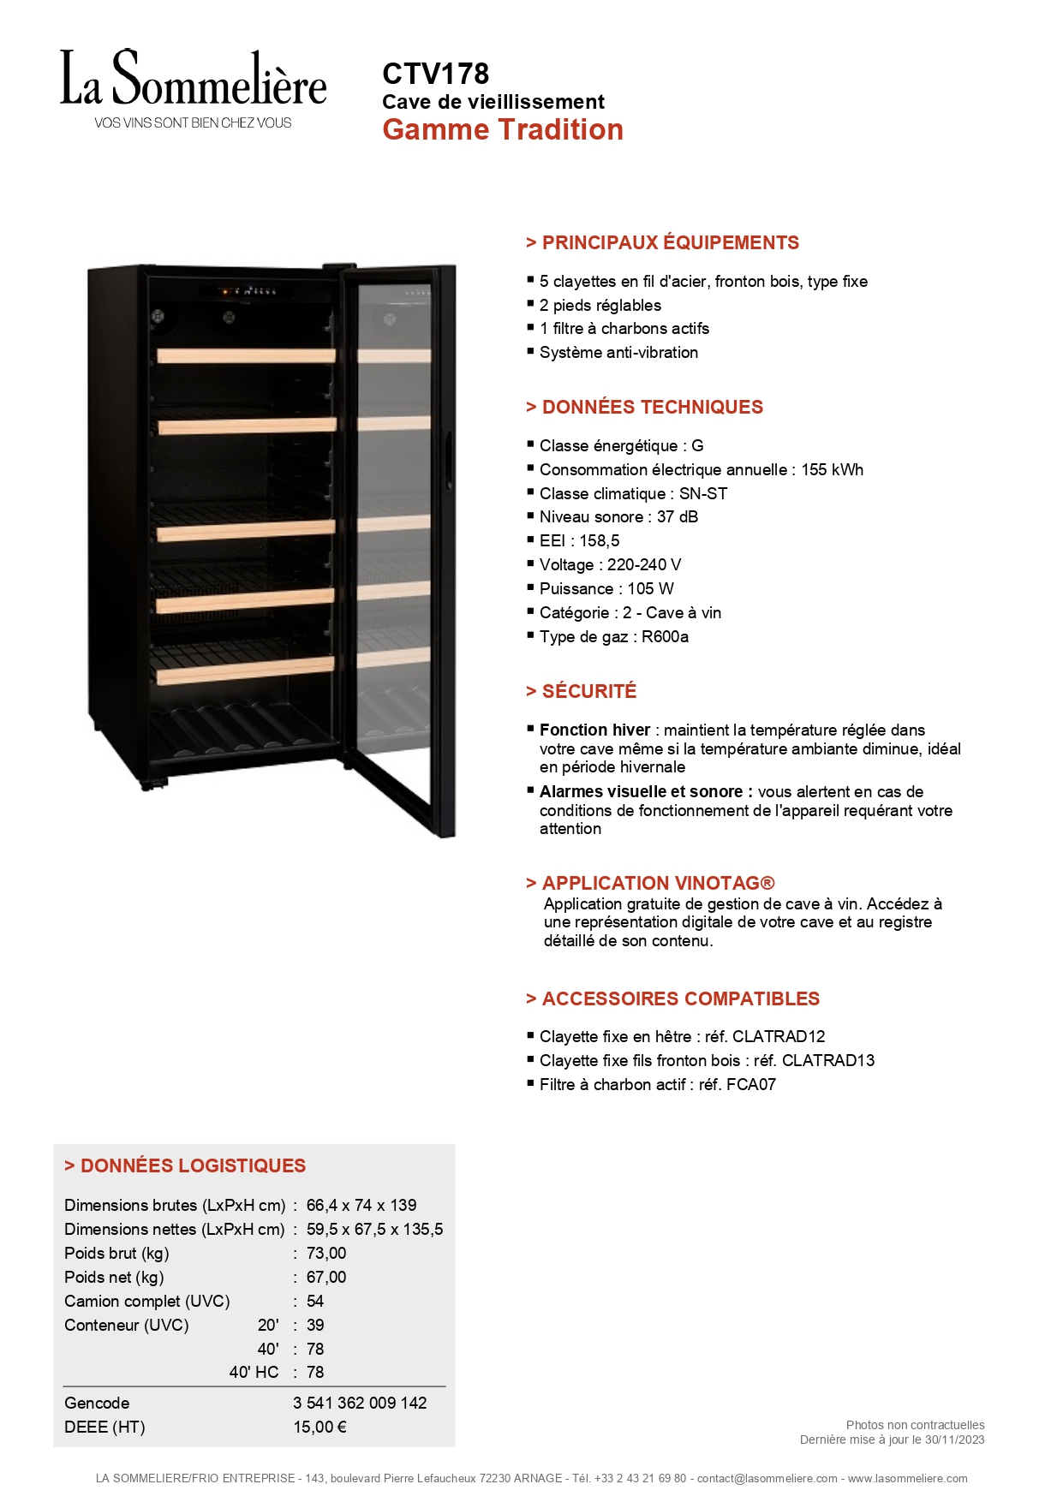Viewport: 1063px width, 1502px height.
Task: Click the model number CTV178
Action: (x=435, y=74)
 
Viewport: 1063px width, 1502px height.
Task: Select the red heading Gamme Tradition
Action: (x=503, y=130)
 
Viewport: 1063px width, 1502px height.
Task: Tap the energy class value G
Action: (x=697, y=446)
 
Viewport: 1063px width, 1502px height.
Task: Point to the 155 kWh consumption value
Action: (x=832, y=470)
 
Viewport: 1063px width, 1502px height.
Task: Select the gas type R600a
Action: (x=665, y=637)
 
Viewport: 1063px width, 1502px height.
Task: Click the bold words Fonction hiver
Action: (x=594, y=730)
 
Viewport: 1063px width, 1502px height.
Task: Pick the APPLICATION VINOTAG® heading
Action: (x=657, y=883)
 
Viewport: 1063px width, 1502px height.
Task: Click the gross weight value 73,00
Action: (x=326, y=1254)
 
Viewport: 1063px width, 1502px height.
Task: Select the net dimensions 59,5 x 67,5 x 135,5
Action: (x=374, y=1230)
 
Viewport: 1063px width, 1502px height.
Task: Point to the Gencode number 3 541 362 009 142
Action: (x=360, y=1404)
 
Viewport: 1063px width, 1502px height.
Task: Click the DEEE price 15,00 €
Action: (x=319, y=1427)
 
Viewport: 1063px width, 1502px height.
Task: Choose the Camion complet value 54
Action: (x=315, y=1302)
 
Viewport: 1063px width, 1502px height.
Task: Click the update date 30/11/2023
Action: (x=954, y=1439)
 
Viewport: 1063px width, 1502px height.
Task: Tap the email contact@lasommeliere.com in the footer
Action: (x=767, y=1479)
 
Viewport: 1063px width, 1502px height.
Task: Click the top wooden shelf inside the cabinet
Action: (x=246, y=355)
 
